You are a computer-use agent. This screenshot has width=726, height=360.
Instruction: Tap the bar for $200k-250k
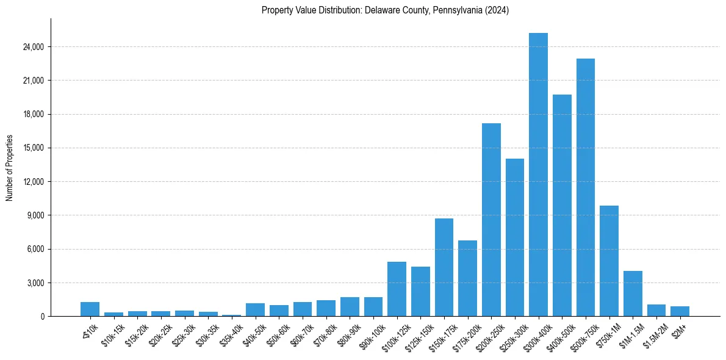pos(491,220)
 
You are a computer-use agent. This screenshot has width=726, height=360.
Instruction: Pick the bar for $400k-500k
pos(562,205)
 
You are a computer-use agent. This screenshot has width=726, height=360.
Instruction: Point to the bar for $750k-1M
pos(609,261)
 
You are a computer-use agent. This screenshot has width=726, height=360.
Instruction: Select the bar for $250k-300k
pos(515,237)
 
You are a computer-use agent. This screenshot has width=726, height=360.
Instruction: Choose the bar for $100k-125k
pos(397,289)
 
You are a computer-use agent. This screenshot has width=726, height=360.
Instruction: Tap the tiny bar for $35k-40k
pos(231,315)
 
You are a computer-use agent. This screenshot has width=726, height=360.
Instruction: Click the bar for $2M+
pos(680,311)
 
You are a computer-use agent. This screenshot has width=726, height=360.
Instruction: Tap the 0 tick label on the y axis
pos(43,317)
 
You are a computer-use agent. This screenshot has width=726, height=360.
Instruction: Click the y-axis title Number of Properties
pos(9,168)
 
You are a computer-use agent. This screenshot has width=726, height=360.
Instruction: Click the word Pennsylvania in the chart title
pos(454,10)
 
